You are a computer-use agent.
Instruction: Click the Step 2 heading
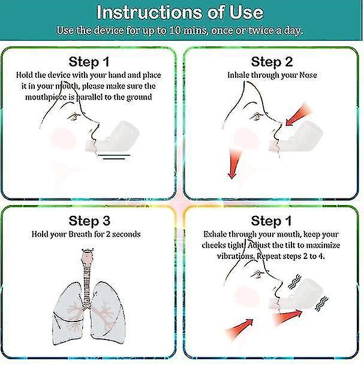pos(272,62)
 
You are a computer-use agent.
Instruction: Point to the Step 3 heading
pos(89,221)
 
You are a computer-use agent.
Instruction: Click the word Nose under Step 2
pos(308,75)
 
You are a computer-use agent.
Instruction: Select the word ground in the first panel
pos(139,97)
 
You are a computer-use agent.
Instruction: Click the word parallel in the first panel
pos(89,97)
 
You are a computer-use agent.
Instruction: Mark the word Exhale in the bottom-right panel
pos(215,234)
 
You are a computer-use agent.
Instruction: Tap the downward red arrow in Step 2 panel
pos(233,164)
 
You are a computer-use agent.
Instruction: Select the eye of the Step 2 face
pos(257,116)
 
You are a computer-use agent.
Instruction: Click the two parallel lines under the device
pos(114,157)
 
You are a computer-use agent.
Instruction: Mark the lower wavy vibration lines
pos(321,303)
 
